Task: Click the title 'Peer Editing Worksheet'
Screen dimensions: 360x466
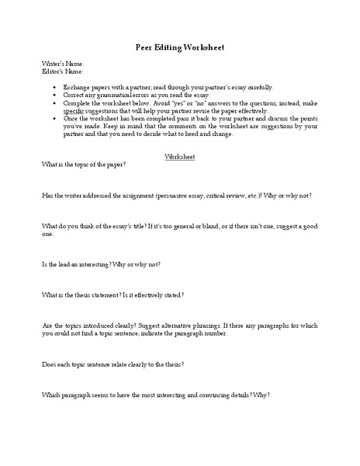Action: pyautogui.click(x=179, y=47)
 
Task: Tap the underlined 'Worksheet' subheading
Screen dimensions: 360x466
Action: pyautogui.click(x=180, y=156)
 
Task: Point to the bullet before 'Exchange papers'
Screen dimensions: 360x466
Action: pyautogui.click(x=54, y=88)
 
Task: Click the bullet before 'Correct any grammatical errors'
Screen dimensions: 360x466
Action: pyautogui.click(x=54, y=96)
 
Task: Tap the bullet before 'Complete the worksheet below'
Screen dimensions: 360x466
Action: pyautogui.click(x=54, y=103)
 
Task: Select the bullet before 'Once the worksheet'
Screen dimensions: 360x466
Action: pyautogui.click(x=54, y=119)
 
